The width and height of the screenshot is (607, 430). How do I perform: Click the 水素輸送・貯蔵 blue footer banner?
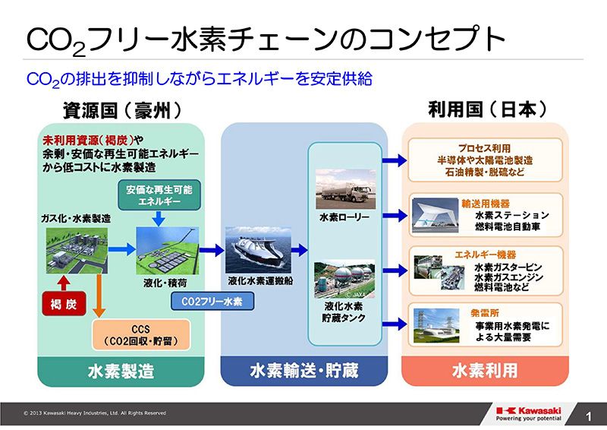(302, 371)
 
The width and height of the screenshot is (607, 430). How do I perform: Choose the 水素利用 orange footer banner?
(484, 371)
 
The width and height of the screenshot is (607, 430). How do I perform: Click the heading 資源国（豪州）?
(121, 110)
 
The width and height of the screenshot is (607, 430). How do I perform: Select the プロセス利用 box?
(485, 160)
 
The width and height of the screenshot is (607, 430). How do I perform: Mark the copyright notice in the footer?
(95, 413)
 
